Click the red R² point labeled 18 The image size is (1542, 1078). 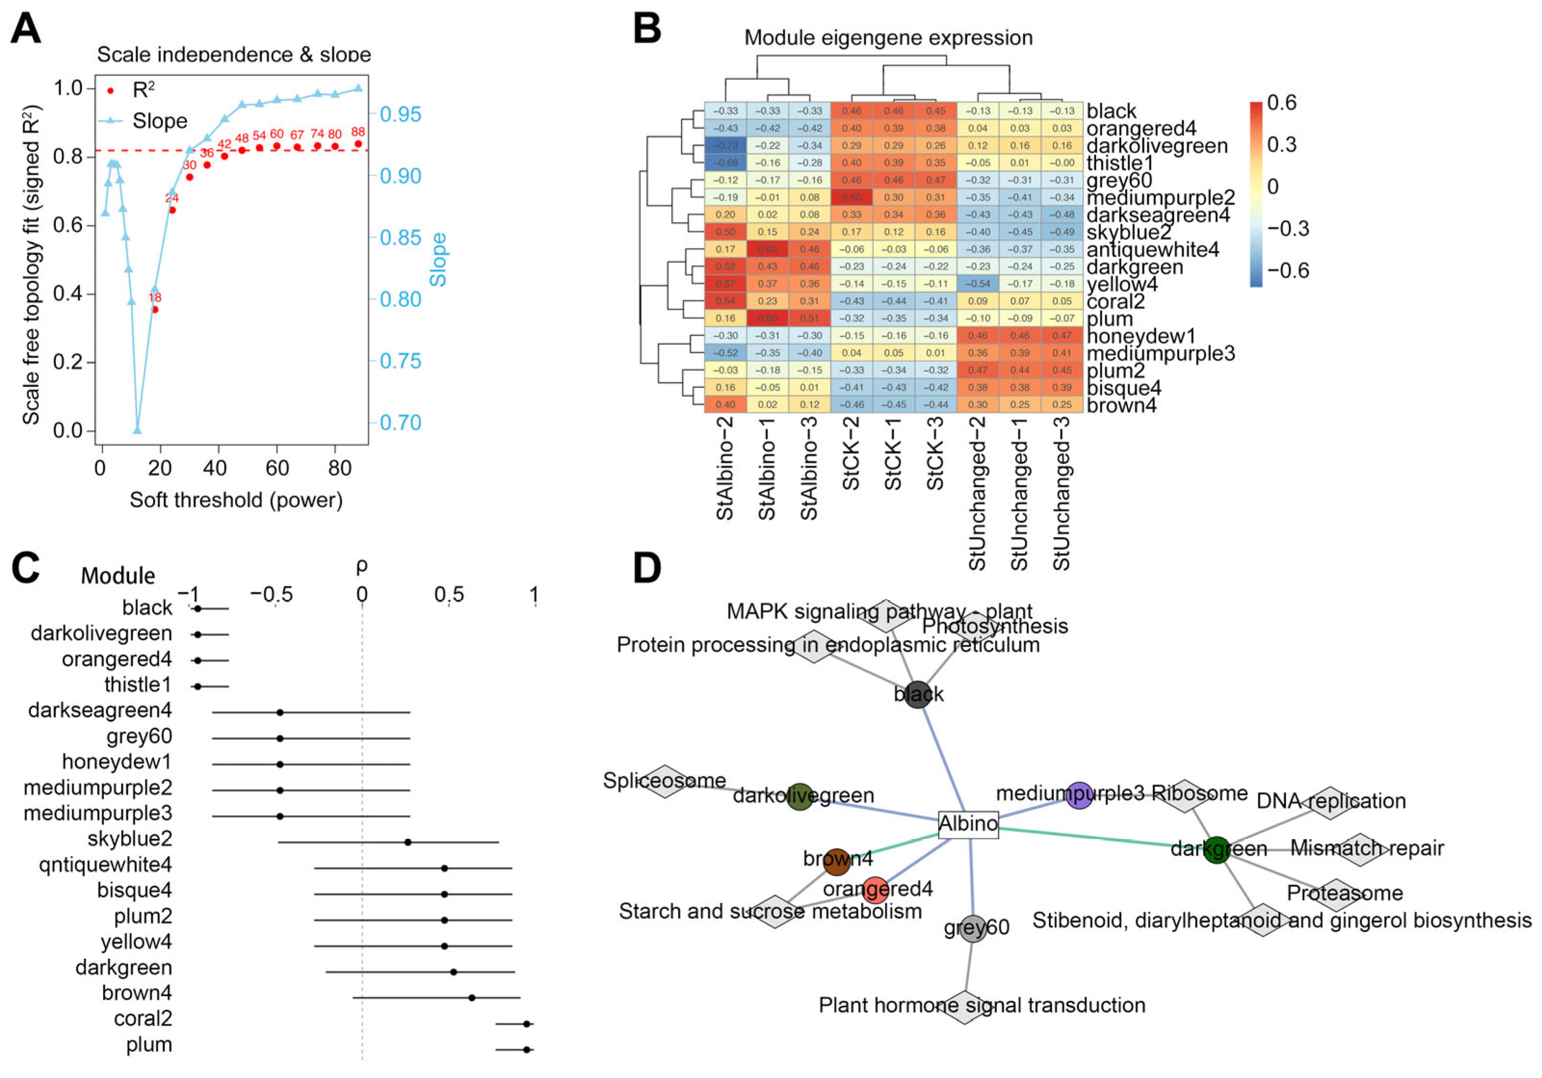[x=155, y=310]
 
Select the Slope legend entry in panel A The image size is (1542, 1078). [x=159, y=121]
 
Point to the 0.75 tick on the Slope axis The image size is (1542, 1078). [x=400, y=361]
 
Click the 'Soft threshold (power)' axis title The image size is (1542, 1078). [x=236, y=500]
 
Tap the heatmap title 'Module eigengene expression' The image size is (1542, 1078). [x=888, y=38]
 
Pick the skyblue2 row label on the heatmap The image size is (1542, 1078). [x=1128, y=233]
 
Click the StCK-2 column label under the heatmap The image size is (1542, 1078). [x=851, y=454]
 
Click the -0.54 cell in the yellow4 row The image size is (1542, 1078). [x=978, y=284]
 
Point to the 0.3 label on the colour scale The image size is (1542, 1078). [x=1282, y=145]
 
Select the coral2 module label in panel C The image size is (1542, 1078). [x=143, y=1019]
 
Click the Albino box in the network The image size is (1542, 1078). [x=968, y=823]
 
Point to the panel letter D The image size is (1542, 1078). [x=647, y=568]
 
